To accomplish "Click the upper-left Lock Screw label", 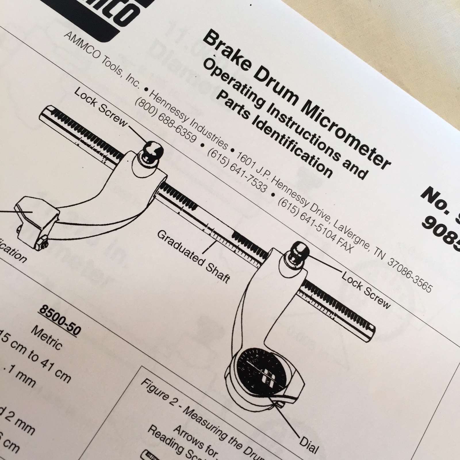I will click(x=101, y=108).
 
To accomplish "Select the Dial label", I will click(x=309, y=445).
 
